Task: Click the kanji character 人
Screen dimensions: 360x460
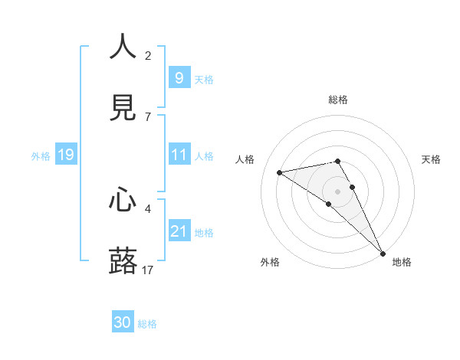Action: click(123, 47)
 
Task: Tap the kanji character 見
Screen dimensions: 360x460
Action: click(123, 108)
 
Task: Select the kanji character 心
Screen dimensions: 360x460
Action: click(123, 200)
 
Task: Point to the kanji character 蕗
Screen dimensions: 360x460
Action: click(123, 261)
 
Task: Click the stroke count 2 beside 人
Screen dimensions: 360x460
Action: click(148, 56)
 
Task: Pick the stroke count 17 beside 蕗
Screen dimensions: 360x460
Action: click(148, 270)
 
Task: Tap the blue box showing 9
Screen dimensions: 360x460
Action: click(179, 78)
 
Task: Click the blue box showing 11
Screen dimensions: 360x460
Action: click(179, 155)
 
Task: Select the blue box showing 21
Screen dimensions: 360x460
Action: click(179, 231)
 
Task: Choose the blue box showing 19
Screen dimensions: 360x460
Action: click(65, 155)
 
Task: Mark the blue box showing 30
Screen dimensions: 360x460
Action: click(123, 322)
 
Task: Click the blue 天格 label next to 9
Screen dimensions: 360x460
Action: click(204, 79)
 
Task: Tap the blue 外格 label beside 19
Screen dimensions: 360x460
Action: click(41, 156)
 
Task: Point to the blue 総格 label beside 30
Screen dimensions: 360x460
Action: click(148, 324)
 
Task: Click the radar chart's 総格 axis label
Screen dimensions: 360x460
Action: click(338, 100)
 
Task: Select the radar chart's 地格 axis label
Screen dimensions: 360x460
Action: click(402, 262)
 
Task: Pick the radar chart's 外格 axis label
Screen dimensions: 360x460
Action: click(270, 262)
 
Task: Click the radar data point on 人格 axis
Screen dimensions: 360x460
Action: click(280, 172)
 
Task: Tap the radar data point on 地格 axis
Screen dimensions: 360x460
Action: click(383, 254)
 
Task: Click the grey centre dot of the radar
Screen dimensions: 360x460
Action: click(338, 191)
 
